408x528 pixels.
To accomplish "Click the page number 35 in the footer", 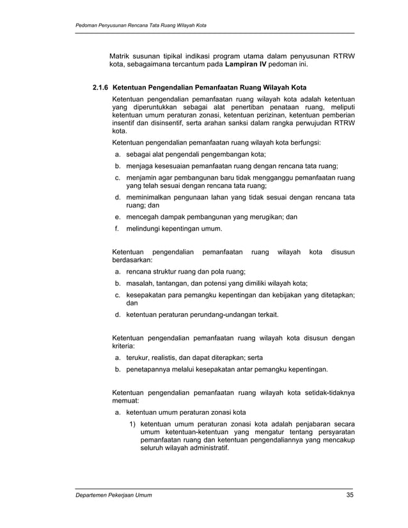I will pos(349,495).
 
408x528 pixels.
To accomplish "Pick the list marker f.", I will pos(117,228).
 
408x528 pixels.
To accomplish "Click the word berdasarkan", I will pos(134,261).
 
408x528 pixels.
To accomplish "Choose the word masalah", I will pos(141,283).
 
